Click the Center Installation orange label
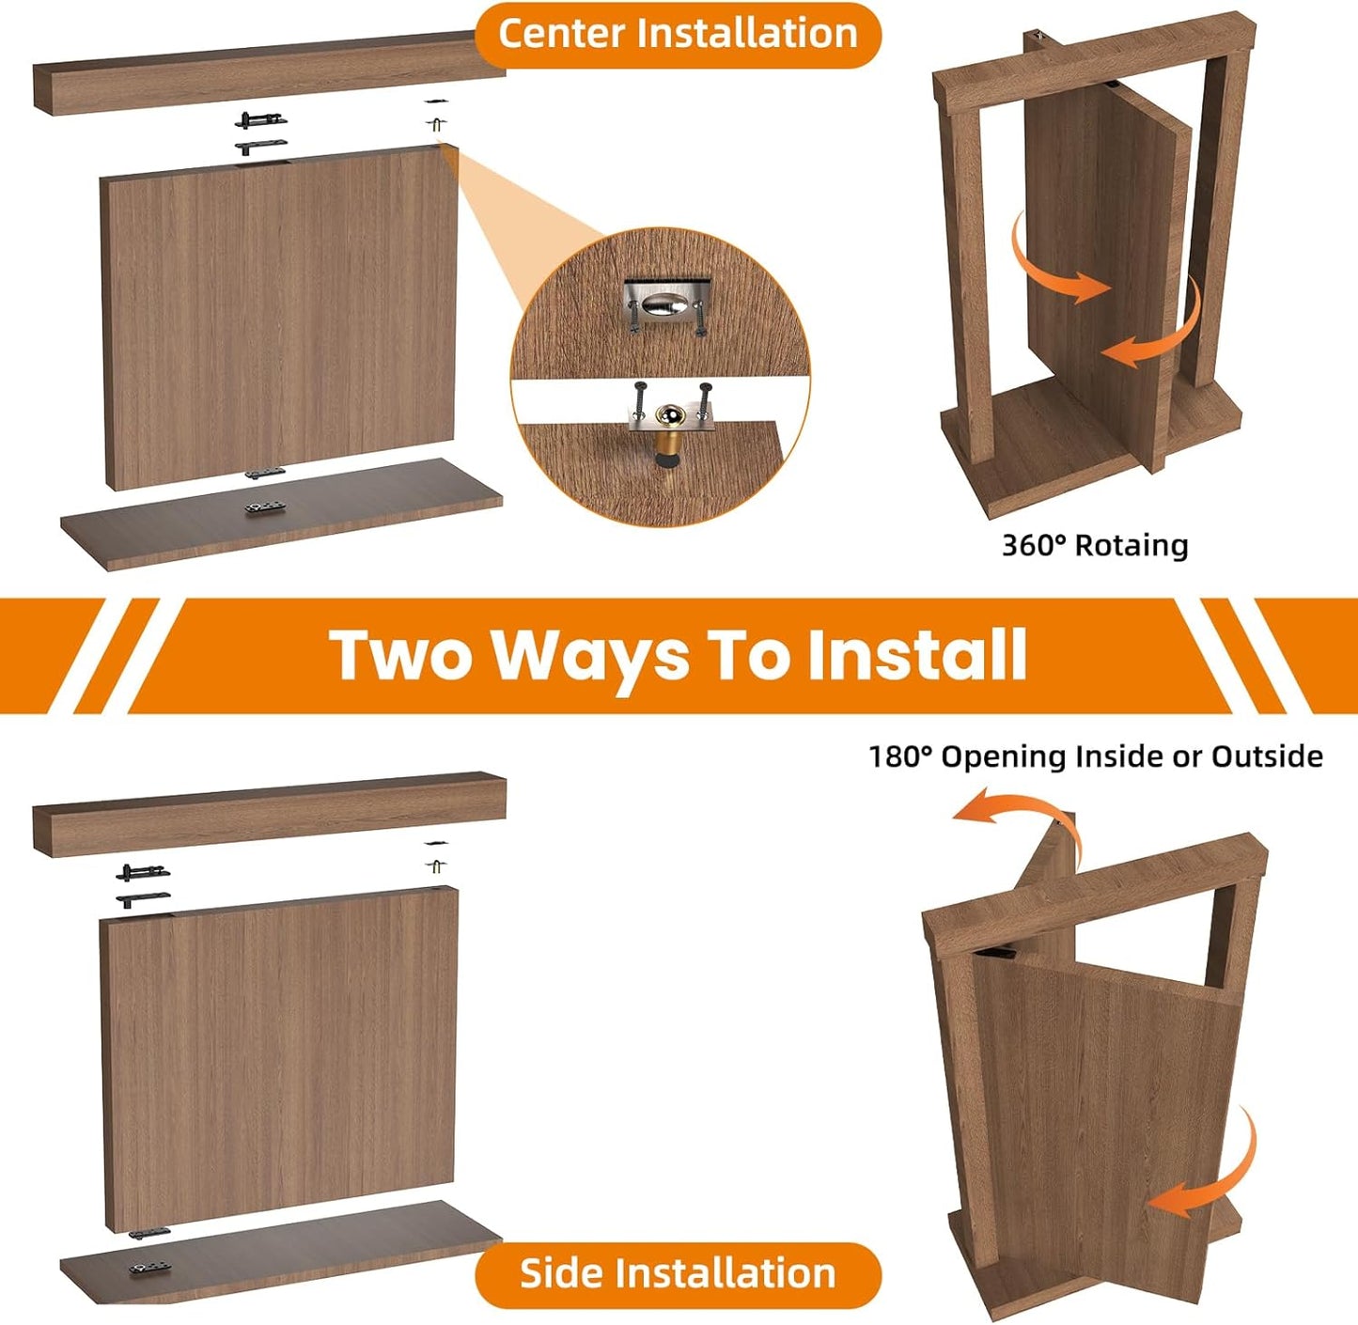coord(678,35)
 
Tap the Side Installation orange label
coord(678,1274)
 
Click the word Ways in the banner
coord(590,655)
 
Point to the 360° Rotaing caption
coord(1095,546)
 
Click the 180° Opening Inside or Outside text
coord(1095,756)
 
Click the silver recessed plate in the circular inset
coord(666,303)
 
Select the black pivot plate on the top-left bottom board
coord(265,507)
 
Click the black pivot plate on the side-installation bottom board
coord(148,1269)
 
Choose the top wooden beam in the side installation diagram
coord(268,813)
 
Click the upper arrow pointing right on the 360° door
coord(1057,263)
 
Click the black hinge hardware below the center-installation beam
coord(260,132)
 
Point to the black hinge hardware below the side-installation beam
coord(144,884)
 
